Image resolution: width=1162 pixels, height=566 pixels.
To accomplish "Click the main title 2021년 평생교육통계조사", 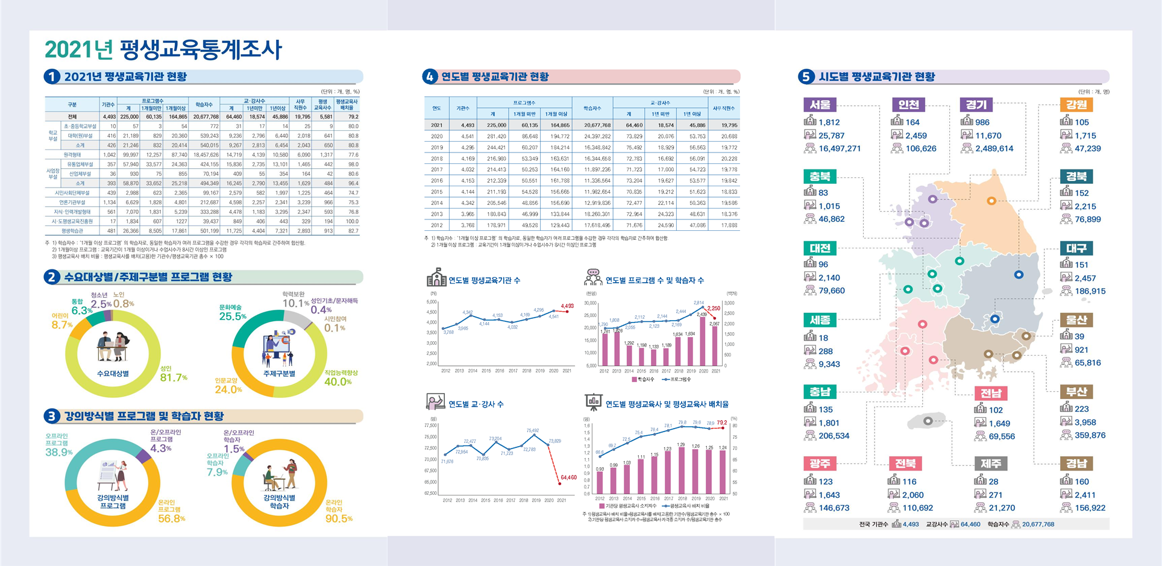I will click(163, 49).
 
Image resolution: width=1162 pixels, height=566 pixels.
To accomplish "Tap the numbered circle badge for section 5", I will click(806, 77).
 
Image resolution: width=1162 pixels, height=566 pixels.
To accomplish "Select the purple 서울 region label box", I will click(820, 105).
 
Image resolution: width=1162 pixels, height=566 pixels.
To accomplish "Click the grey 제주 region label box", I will click(991, 464).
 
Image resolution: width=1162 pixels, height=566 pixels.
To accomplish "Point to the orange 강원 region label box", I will click(1076, 105).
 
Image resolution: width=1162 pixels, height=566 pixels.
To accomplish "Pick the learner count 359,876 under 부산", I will click(1090, 435).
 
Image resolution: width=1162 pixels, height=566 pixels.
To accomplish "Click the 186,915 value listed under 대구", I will click(1090, 291).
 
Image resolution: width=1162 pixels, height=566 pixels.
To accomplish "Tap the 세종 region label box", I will click(820, 320).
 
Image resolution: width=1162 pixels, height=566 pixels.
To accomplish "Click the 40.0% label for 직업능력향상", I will click(338, 382).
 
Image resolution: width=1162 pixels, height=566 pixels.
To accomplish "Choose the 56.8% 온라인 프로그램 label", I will click(172, 518).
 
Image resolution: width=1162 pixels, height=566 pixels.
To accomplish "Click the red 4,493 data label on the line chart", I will click(567, 306).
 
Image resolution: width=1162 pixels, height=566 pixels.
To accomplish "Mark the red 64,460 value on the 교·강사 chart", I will click(568, 477).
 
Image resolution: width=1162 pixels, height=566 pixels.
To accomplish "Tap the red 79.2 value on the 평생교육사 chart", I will click(721, 423).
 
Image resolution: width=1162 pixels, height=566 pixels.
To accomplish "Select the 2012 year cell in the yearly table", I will click(436, 225).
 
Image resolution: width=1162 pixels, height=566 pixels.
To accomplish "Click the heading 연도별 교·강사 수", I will click(476, 404).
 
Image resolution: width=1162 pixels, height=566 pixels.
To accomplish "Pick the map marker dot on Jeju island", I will click(928, 421).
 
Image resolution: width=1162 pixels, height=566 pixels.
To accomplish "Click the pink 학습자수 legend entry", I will click(642, 379).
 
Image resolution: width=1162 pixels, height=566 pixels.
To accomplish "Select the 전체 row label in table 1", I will click(72, 116).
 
